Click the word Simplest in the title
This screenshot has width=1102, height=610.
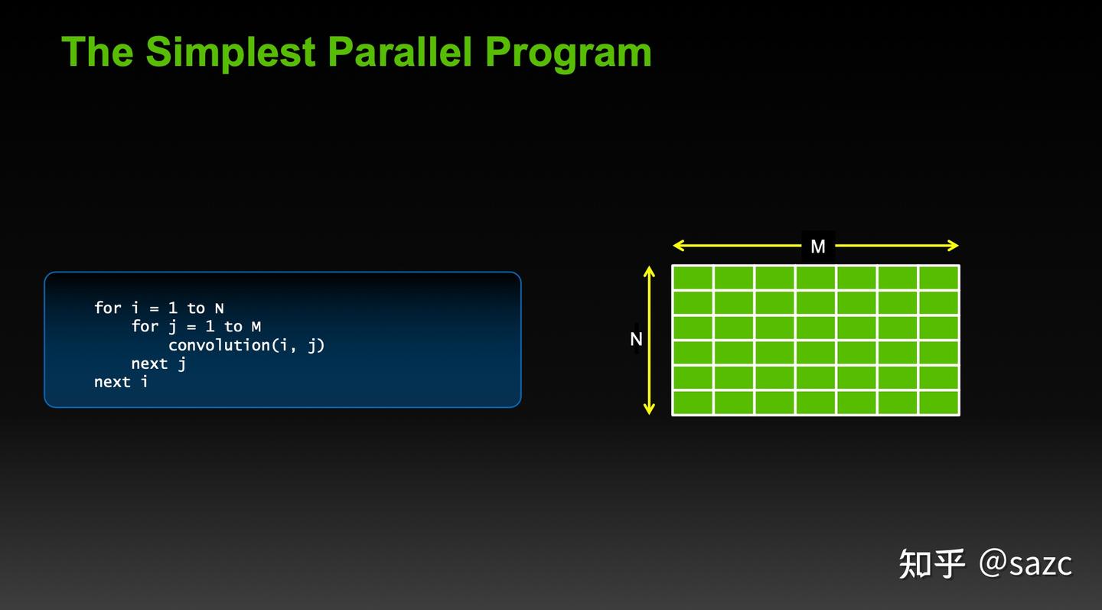232,52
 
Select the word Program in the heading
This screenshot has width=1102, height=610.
568,52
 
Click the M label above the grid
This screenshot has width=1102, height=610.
818,246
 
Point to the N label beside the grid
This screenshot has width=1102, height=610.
636,339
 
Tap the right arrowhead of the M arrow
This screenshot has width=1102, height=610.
953,246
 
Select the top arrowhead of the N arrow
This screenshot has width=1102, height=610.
650,272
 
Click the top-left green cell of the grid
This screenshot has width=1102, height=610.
693,278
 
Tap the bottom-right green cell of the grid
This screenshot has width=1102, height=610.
939,403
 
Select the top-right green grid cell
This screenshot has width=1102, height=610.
939,278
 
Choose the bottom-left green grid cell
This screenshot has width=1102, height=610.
693,403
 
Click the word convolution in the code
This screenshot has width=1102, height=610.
219,345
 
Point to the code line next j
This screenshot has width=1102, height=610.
158,364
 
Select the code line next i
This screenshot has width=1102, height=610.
121,381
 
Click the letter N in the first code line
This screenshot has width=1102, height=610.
219,308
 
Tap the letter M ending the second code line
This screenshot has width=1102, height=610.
256,327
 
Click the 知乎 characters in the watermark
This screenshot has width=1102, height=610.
931,564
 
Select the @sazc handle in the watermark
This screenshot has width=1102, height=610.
1025,564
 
